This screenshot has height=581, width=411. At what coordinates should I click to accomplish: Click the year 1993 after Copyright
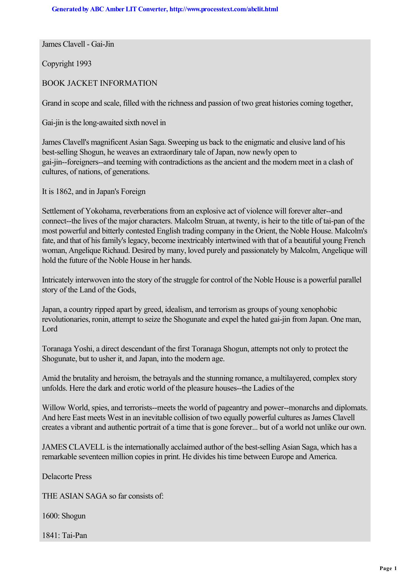[x=84, y=64]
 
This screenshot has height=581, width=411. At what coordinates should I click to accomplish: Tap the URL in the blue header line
[x=223, y=9]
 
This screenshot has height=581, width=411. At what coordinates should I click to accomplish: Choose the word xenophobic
[x=319, y=310]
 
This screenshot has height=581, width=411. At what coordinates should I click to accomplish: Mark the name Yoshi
[x=89, y=349]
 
